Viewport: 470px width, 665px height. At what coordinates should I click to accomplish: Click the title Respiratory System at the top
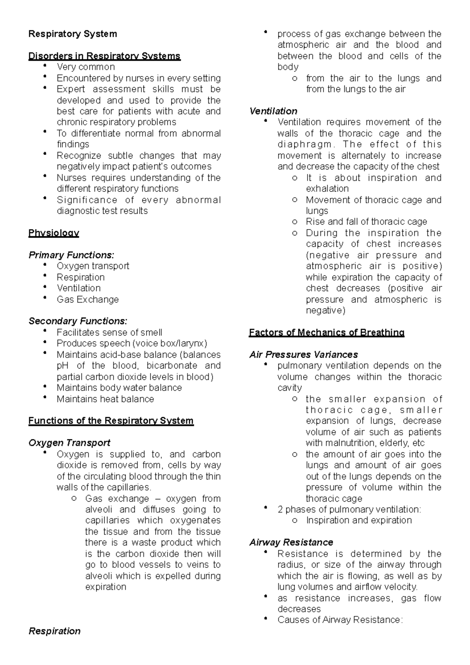72,34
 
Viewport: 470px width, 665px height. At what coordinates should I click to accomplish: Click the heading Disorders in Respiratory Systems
104,56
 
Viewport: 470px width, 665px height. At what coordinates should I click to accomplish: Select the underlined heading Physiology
54,233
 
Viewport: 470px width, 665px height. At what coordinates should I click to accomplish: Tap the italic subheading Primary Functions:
71,255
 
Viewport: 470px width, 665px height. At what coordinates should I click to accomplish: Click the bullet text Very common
86,67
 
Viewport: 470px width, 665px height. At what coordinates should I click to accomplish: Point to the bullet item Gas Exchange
87,300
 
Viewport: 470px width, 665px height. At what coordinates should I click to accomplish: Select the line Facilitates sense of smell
109,333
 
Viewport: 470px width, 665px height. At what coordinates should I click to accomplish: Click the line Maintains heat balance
105,399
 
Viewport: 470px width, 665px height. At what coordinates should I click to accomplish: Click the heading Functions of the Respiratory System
111,421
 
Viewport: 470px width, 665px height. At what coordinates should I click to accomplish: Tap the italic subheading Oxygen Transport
69,443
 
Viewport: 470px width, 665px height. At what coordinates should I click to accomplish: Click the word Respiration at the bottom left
54,631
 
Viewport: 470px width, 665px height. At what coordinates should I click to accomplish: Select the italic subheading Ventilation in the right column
273,111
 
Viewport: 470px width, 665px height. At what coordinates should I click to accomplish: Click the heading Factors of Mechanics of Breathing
327,333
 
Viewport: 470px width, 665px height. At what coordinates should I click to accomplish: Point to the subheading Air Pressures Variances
304,355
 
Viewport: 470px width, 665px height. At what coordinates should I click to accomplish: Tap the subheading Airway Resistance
291,542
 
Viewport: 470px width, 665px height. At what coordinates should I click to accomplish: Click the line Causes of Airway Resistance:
340,620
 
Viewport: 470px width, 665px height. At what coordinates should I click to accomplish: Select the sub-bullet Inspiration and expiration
359,520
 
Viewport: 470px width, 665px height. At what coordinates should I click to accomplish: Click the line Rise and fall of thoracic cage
366,222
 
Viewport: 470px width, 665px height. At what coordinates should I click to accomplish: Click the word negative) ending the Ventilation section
325,311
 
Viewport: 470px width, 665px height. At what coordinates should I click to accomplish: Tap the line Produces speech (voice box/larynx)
132,343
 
